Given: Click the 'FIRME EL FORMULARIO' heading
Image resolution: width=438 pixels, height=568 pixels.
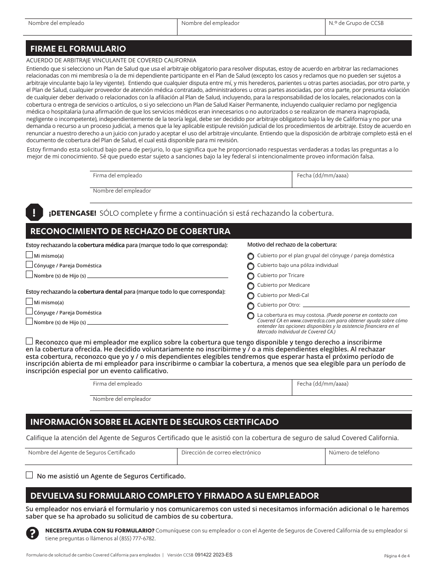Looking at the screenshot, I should pyautogui.click(x=78, y=48).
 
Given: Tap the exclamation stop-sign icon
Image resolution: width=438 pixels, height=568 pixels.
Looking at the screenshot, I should pyautogui.click(x=35, y=212).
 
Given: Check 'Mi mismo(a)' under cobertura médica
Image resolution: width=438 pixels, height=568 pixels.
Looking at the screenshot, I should pyautogui.click(x=30, y=255).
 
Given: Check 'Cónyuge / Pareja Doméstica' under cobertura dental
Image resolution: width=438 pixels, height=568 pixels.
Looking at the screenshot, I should pyautogui.click(x=30, y=312).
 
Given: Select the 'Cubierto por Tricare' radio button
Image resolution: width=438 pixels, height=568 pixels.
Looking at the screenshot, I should pyautogui.click(x=251, y=276).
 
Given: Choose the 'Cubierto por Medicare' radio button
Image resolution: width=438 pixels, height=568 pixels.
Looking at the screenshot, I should pyautogui.click(x=251, y=286).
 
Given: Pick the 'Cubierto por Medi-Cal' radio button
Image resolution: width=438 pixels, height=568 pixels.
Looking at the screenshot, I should pyautogui.click(x=251, y=296).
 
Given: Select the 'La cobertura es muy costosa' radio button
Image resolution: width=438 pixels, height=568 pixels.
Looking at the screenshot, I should pyautogui.click(x=251, y=316).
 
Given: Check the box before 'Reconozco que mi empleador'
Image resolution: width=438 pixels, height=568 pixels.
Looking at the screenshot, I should pyautogui.click(x=30, y=341).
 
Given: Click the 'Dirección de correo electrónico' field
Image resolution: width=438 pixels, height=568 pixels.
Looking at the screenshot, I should pyautogui.click(x=251, y=457).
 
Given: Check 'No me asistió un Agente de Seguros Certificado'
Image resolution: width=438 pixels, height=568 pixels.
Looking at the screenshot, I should pyautogui.click(x=30, y=475).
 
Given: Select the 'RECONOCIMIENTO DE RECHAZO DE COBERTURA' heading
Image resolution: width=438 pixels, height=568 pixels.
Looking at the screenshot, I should pyautogui.click(x=130, y=231).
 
